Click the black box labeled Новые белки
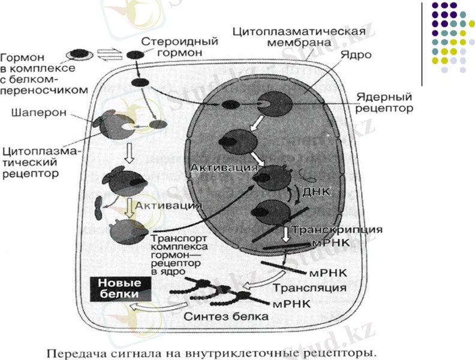click(x=121, y=288)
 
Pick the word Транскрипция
click(x=337, y=231)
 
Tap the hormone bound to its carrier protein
click(x=78, y=55)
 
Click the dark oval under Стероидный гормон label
click(x=134, y=56)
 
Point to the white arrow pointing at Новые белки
click(x=151, y=308)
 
